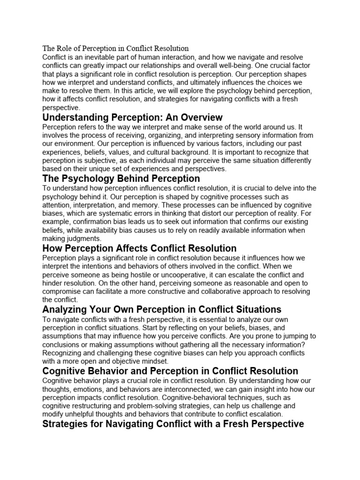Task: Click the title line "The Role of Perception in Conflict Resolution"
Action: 115,48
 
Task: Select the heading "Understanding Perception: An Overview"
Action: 132,117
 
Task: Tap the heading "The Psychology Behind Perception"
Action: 121,179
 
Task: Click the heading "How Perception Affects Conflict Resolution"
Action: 139,248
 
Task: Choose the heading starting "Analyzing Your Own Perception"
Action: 162,309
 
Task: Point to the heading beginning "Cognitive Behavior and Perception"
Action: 170,371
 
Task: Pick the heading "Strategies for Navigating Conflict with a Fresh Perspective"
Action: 173,424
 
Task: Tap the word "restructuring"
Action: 95,406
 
